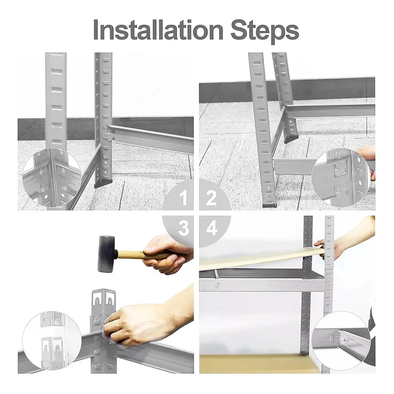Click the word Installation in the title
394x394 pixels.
point(158,30)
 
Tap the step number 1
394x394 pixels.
point(184,197)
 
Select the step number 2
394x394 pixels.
point(211,198)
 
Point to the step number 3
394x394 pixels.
point(184,228)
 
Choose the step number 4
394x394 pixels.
point(212,228)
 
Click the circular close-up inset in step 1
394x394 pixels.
point(52,177)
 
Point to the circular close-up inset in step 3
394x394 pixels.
point(52,341)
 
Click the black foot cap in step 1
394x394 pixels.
point(104,184)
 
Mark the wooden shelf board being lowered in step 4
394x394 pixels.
point(261,259)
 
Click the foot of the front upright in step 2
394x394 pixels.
point(269,204)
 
